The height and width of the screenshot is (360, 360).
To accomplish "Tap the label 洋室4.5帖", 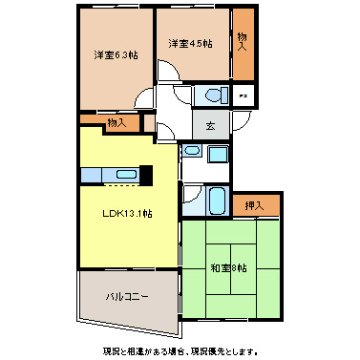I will pyautogui.click(x=190, y=44).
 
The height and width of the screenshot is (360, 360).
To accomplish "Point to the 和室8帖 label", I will pyautogui.click(x=228, y=267).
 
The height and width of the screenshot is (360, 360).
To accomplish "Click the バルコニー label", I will pyautogui.click(x=127, y=298).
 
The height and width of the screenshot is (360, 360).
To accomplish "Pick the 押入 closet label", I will pyautogui.click(x=255, y=205).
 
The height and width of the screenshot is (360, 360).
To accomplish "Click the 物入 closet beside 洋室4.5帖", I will pyautogui.click(x=244, y=44).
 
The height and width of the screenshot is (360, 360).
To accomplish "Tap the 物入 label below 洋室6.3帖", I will pyautogui.click(x=116, y=122).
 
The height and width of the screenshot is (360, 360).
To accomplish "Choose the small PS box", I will pyautogui.click(x=244, y=95).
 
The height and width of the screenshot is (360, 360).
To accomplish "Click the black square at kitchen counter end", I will pyautogui.click(x=146, y=174).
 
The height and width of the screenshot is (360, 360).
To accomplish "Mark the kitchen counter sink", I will pyautogui.click(x=124, y=174).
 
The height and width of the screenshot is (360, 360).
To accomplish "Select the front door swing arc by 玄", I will pyautogui.click(x=164, y=131).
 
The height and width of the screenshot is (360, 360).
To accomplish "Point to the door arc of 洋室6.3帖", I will pyautogui.click(x=144, y=99).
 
